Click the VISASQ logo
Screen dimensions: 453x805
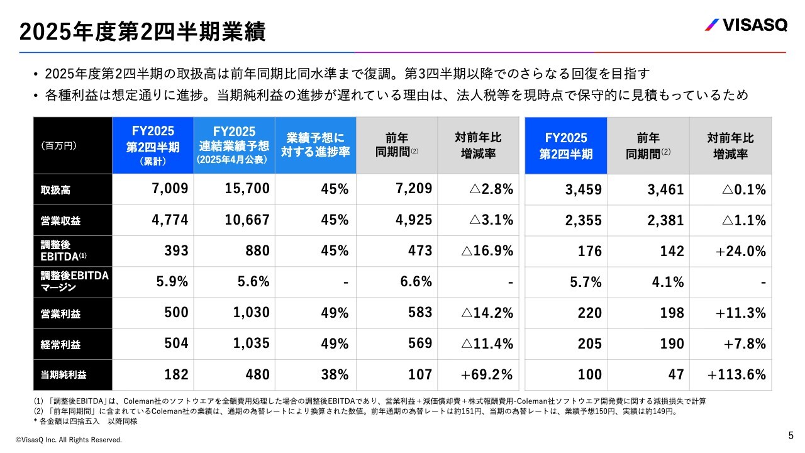point(745,25)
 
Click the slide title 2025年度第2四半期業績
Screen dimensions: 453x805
point(142,32)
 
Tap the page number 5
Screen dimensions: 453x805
point(791,435)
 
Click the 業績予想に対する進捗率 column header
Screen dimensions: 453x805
point(316,145)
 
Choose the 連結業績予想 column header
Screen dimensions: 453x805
point(234,145)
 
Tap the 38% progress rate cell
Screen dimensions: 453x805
point(335,375)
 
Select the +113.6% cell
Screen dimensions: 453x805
point(736,375)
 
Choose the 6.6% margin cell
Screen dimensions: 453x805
point(416,282)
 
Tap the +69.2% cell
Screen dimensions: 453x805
point(487,375)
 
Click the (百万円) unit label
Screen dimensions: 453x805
point(59,145)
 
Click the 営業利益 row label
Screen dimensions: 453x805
point(57,313)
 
